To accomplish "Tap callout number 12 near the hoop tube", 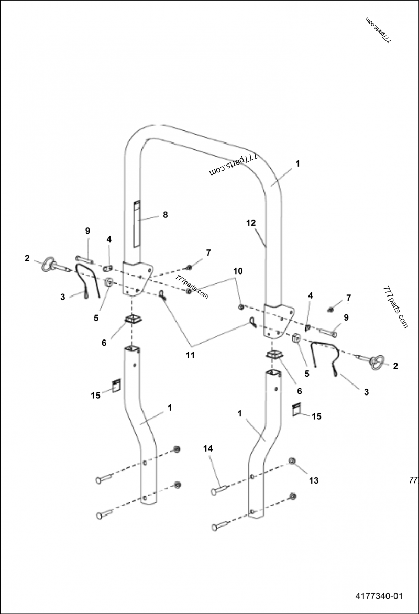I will pyautogui.click(x=252, y=223).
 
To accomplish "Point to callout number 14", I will pyautogui.click(x=208, y=448).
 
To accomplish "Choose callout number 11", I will pyautogui.click(x=191, y=355).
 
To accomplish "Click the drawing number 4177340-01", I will pyautogui.click(x=379, y=596).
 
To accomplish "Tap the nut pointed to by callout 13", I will pyautogui.click(x=292, y=461).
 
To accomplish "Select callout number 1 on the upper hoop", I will pyautogui.click(x=297, y=163).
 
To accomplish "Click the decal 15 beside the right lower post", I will pyautogui.click(x=297, y=409).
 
